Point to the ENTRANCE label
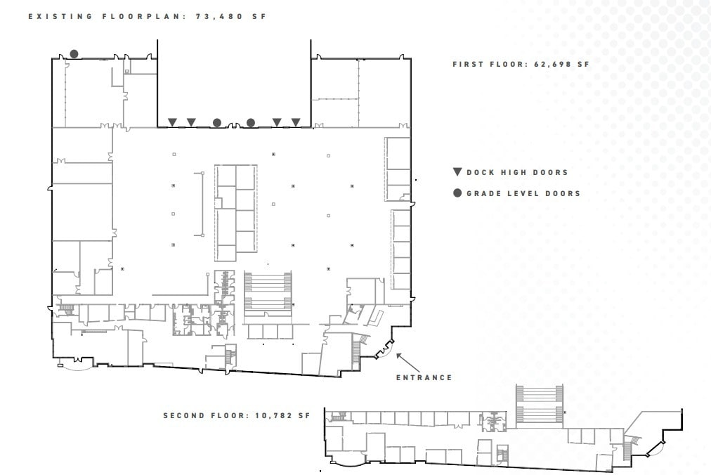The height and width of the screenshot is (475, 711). [424, 377]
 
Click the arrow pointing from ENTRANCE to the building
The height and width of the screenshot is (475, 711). [408, 363]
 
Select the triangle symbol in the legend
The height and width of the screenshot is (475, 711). [457, 172]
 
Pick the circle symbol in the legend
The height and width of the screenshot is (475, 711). [457, 193]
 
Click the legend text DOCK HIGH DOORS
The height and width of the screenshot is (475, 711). [517, 172]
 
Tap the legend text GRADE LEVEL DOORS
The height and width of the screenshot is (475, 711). [523, 193]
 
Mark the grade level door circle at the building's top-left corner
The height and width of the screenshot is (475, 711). [74, 54]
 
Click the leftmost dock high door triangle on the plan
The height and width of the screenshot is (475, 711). [172, 122]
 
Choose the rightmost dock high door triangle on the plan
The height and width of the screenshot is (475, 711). [296, 122]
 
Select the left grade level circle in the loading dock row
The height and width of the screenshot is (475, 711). [217, 123]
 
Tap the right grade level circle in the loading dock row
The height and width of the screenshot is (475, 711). [251, 123]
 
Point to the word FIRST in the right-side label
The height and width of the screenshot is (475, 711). [469, 64]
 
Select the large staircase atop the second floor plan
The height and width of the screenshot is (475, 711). [540, 404]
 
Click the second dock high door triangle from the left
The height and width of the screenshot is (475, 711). [190, 122]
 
